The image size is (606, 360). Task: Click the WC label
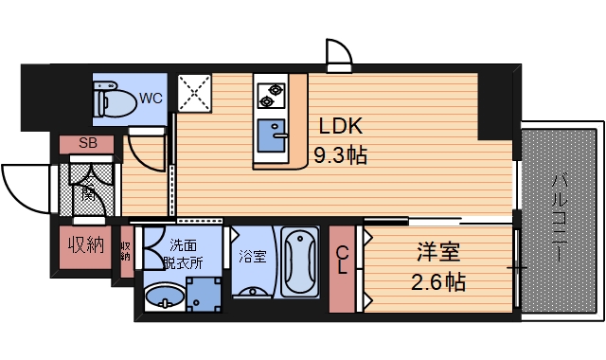pos(151,98)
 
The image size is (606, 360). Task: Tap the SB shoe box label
pos(87,144)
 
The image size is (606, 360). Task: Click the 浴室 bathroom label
pos(251,256)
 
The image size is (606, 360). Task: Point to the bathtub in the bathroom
pos(300,261)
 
